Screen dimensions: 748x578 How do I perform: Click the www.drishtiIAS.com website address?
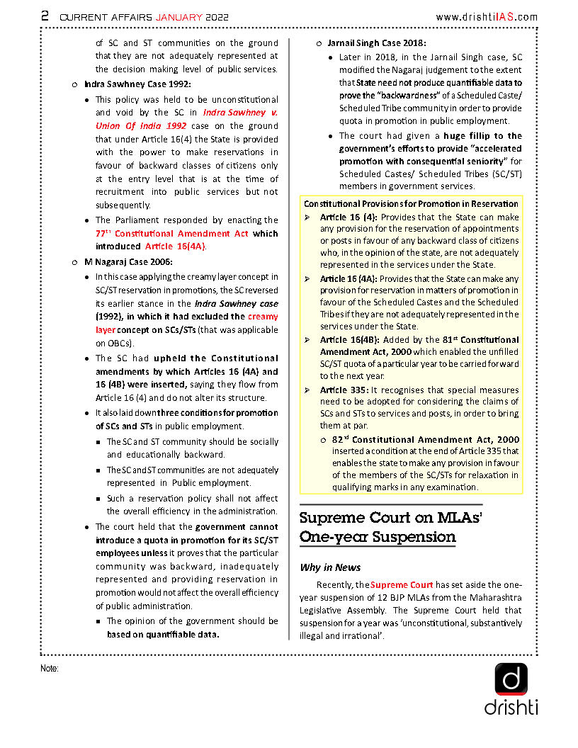point(486,16)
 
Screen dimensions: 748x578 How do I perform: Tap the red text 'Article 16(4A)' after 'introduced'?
point(175,246)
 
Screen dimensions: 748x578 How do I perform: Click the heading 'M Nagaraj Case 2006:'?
point(128,262)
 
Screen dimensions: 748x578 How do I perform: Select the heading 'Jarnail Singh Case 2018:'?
point(376,43)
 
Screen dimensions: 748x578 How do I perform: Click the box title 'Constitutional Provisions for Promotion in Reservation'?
point(411,203)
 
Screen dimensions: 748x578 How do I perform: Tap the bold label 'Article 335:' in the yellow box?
point(344,390)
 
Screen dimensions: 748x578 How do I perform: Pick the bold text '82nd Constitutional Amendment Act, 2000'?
point(425,440)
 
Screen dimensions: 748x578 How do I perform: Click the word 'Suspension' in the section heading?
point(411,536)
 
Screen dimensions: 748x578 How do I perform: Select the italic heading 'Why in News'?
point(330,567)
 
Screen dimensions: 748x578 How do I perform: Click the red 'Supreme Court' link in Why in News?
point(401,585)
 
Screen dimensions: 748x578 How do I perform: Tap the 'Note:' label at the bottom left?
point(49,668)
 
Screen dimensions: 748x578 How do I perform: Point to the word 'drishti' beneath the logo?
point(511,707)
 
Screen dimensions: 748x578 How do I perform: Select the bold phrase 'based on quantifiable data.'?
point(163,635)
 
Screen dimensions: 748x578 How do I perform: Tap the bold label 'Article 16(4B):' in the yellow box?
point(348,340)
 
